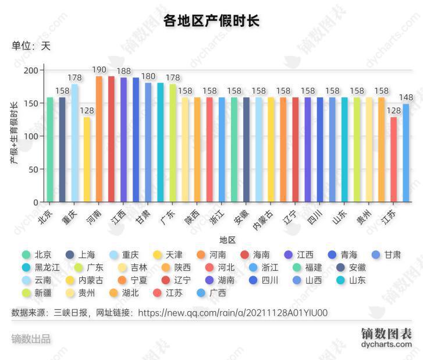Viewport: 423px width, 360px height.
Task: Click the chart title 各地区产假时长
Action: [211, 21]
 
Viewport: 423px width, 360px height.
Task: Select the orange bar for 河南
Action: [99, 139]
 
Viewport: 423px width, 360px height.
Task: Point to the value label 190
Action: [99, 70]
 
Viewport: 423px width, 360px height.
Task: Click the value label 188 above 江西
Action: [124, 71]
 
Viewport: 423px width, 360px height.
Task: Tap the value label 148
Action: [407, 97]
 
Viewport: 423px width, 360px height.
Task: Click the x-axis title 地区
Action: [228, 240]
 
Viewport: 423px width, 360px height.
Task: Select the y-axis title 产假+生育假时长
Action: [15, 133]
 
